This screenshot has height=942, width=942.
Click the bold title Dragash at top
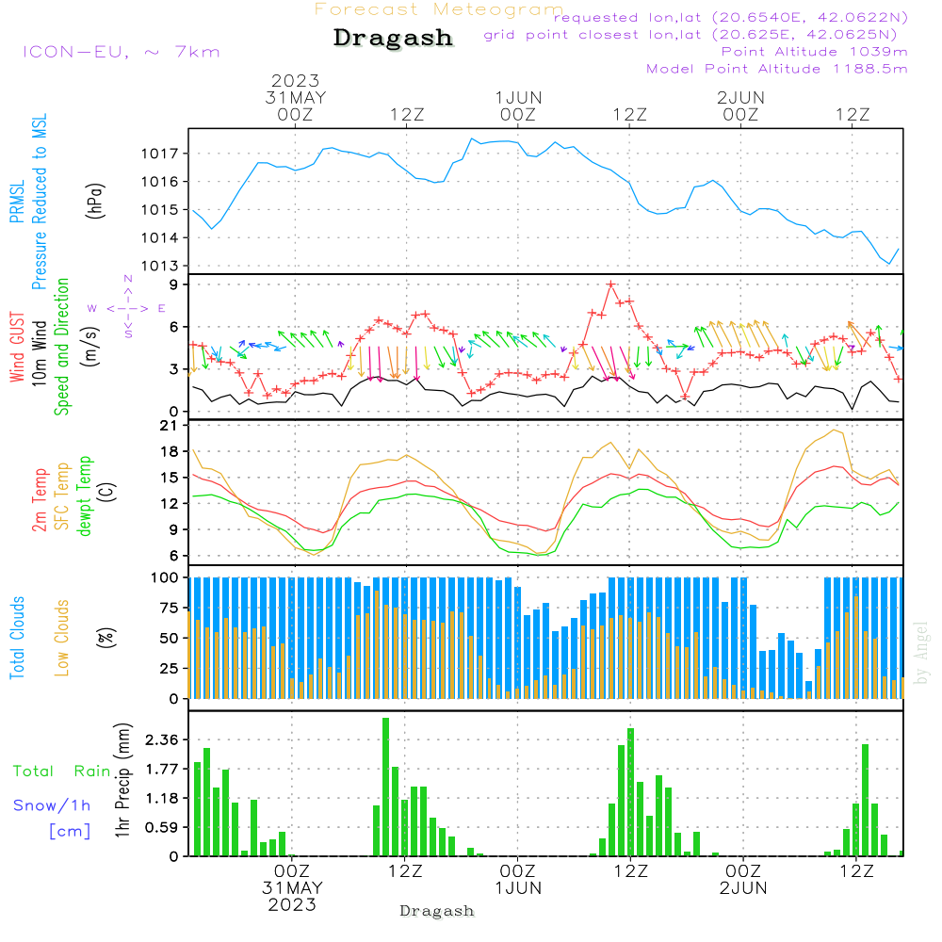(x=393, y=39)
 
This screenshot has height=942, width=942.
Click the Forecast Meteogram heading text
(x=439, y=9)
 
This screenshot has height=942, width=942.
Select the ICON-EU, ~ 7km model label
(x=121, y=52)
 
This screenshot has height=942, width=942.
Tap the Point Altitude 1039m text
(x=814, y=52)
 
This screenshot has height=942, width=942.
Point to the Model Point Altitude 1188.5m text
(x=776, y=69)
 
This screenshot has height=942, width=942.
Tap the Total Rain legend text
(x=61, y=771)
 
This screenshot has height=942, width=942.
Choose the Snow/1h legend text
(x=52, y=805)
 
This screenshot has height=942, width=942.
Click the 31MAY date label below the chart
(x=293, y=888)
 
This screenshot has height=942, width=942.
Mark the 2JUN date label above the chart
(x=740, y=97)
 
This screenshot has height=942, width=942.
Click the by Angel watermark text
(x=922, y=652)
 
